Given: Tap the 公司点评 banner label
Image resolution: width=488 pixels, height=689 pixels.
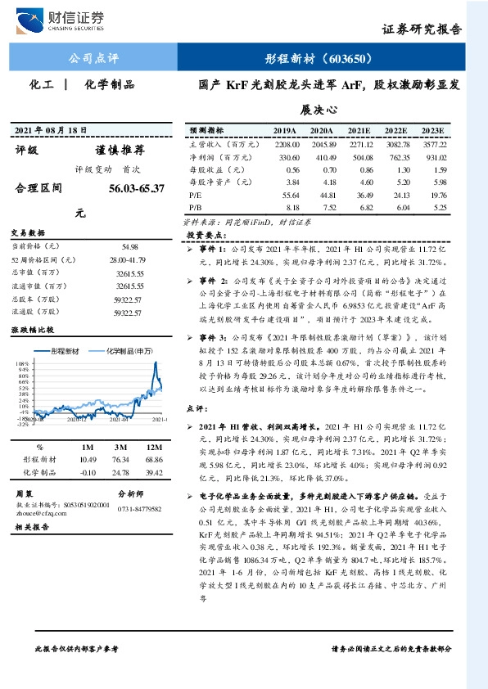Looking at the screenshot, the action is [94, 59].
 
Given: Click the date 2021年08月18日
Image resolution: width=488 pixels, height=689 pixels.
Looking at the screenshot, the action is [51, 131].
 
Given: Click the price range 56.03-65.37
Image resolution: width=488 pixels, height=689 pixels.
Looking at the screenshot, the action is [136, 188].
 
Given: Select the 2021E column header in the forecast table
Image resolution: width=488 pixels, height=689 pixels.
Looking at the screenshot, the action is [359, 131].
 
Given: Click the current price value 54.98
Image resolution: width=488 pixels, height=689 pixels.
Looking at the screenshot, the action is [129, 245].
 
